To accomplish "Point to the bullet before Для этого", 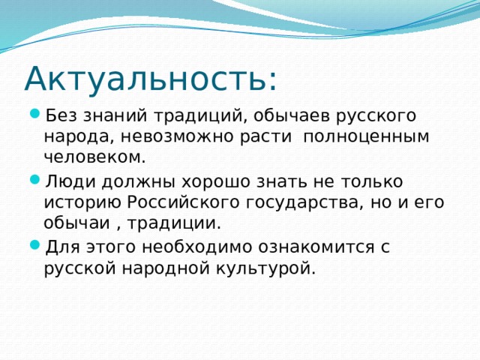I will point(36,247).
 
